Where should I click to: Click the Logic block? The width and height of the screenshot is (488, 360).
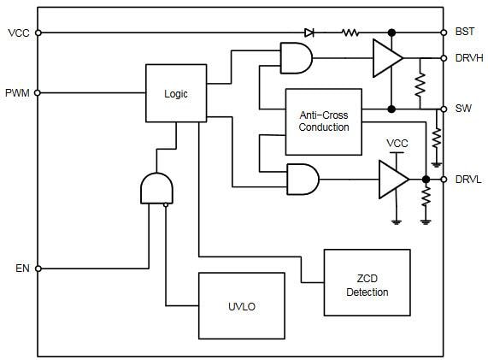tap(175, 93)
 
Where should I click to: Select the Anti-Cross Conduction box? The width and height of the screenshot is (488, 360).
tap(324, 121)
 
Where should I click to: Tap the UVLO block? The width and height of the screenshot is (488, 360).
tap(242, 306)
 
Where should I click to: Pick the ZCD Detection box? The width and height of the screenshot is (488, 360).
tap(367, 281)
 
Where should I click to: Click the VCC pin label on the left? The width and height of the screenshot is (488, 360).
tap(18, 32)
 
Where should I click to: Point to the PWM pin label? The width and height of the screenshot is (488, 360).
tap(17, 92)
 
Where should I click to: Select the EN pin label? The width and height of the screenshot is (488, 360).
tap(21, 269)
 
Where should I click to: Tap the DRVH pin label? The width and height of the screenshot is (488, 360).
tap(469, 58)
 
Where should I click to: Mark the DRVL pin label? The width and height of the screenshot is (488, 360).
tap(468, 179)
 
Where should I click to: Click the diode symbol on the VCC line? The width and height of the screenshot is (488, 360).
tap(310, 32)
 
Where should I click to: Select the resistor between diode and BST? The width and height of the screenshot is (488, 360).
tap(350, 32)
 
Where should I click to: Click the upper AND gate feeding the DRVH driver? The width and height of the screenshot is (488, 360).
tap(295, 58)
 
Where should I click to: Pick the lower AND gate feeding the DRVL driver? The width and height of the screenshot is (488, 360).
tap(303, 179)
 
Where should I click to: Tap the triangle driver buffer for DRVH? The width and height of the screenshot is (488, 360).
tap(386, 58)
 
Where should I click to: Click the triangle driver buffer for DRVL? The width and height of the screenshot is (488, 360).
tap(394, 179)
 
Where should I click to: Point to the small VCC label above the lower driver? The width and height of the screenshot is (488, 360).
tap(397, 142)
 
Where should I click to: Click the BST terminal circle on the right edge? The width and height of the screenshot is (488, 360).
tap(444, 32)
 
